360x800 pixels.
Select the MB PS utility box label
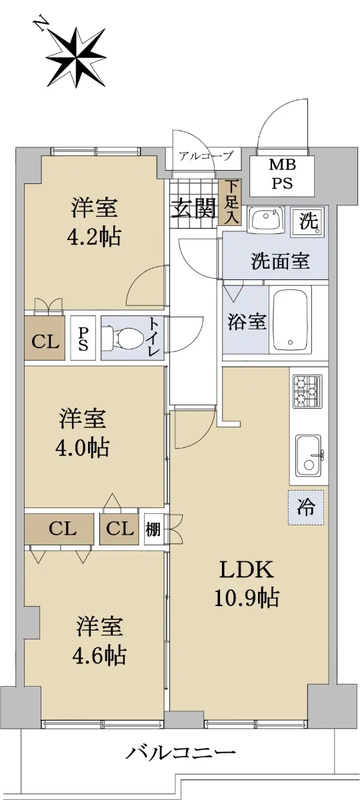click(x=283, y=174)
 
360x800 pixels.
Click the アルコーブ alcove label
click(x=206, y=156)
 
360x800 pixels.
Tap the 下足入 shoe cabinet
click(x=231, y=202)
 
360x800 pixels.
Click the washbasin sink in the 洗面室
click(x=267, y=220)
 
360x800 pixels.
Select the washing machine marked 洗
click(x=309, y=222)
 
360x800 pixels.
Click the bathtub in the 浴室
click(x=291, y=320)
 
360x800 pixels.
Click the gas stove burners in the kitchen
click(x=307, y=391)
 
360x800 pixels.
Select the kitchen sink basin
click(x=308, y=456)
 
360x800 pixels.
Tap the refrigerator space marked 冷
click(x=307, y=507)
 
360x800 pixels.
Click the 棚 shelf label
click(x=153, y=529)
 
